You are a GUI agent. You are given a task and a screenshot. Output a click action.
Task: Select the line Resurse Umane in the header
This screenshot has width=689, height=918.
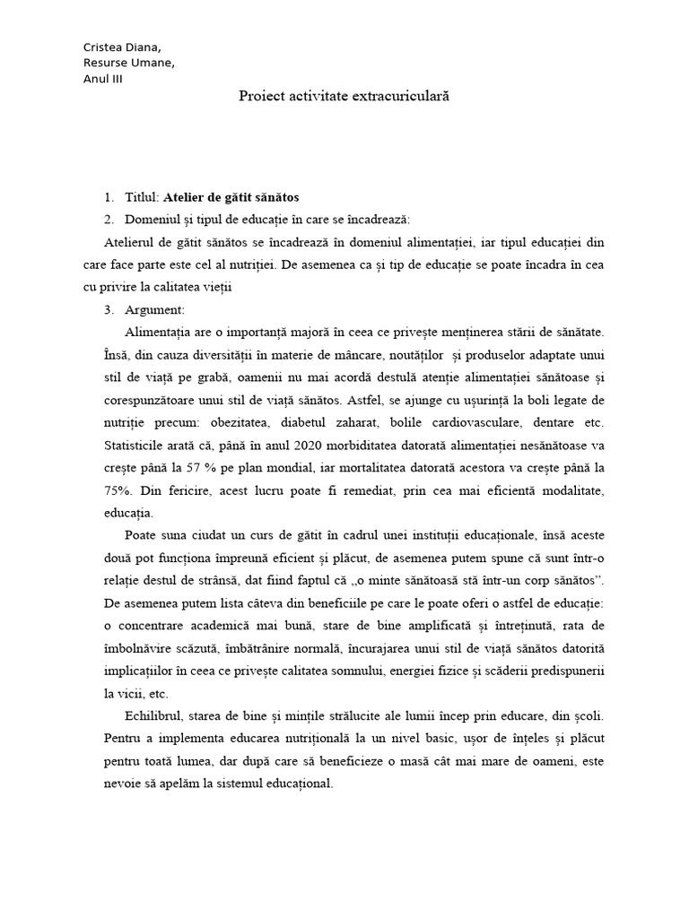tap(129, 63)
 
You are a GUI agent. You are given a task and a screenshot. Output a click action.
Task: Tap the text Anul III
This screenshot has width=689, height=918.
tap(103, 78)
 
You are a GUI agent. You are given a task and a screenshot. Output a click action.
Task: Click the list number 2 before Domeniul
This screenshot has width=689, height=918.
tap(109, 219)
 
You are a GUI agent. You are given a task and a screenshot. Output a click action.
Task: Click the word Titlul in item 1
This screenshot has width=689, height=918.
tap(142, 196)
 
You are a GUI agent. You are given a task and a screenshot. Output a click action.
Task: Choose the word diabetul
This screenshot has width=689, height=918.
tap(328, 421)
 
